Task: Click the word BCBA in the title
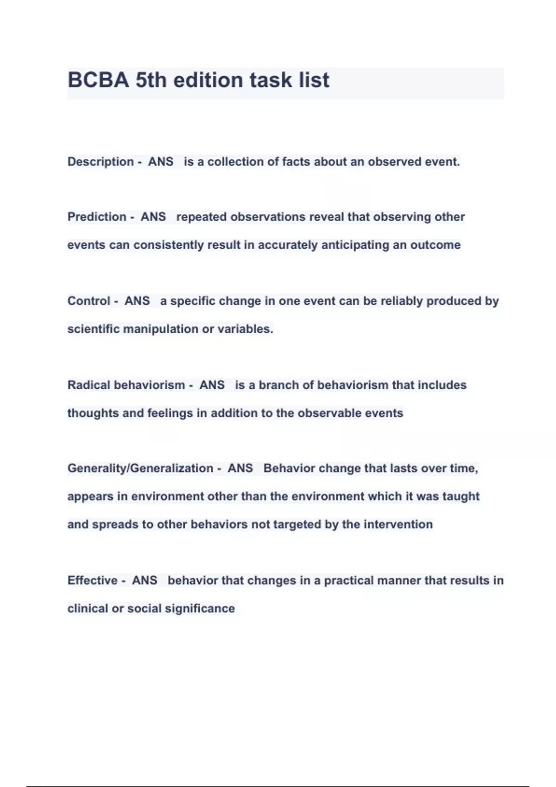click(x=98, y=80)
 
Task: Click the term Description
click(x=101, y=162)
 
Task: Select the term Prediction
click(x=97, y=217)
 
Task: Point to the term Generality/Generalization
click(x=140, y=468)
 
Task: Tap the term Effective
click(x=92, y=580)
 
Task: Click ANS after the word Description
click(x=160, y=162)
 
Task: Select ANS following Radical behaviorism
click(x=212, y=385)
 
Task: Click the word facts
click(x=296, y=162)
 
